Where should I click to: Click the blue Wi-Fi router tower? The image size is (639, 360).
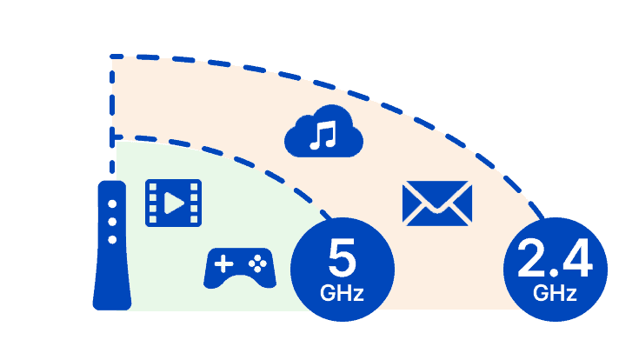[x=112, y=261]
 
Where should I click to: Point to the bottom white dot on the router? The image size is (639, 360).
[x=112, y=237]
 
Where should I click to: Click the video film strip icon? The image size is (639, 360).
[x=173, y=205]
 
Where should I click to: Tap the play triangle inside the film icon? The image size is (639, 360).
[x=175, y=205]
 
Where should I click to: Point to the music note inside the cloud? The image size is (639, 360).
[x=324, y=135]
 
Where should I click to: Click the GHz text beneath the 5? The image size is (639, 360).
[x=342, y=292]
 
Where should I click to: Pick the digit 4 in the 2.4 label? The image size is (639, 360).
[x=576, y=258]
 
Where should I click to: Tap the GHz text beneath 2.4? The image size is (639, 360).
[x=556, y=293]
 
